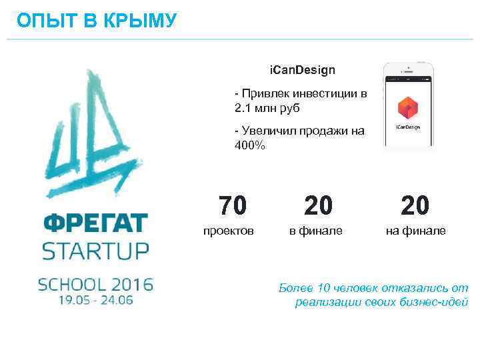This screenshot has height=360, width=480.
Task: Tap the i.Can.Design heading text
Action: click(x=302, y=69)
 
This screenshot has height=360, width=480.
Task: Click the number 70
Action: click(x=233, y=205)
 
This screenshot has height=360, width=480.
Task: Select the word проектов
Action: click(x=228, y=231)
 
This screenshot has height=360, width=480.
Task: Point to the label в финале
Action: click(x=315, y=231)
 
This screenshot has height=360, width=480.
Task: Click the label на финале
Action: click(x=415, y=231)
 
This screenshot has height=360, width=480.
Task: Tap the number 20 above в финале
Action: click(x=318, y=205)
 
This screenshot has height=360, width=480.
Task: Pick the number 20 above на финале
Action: click(x=415, y=205)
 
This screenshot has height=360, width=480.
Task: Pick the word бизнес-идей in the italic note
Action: click(x=435, y=302)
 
